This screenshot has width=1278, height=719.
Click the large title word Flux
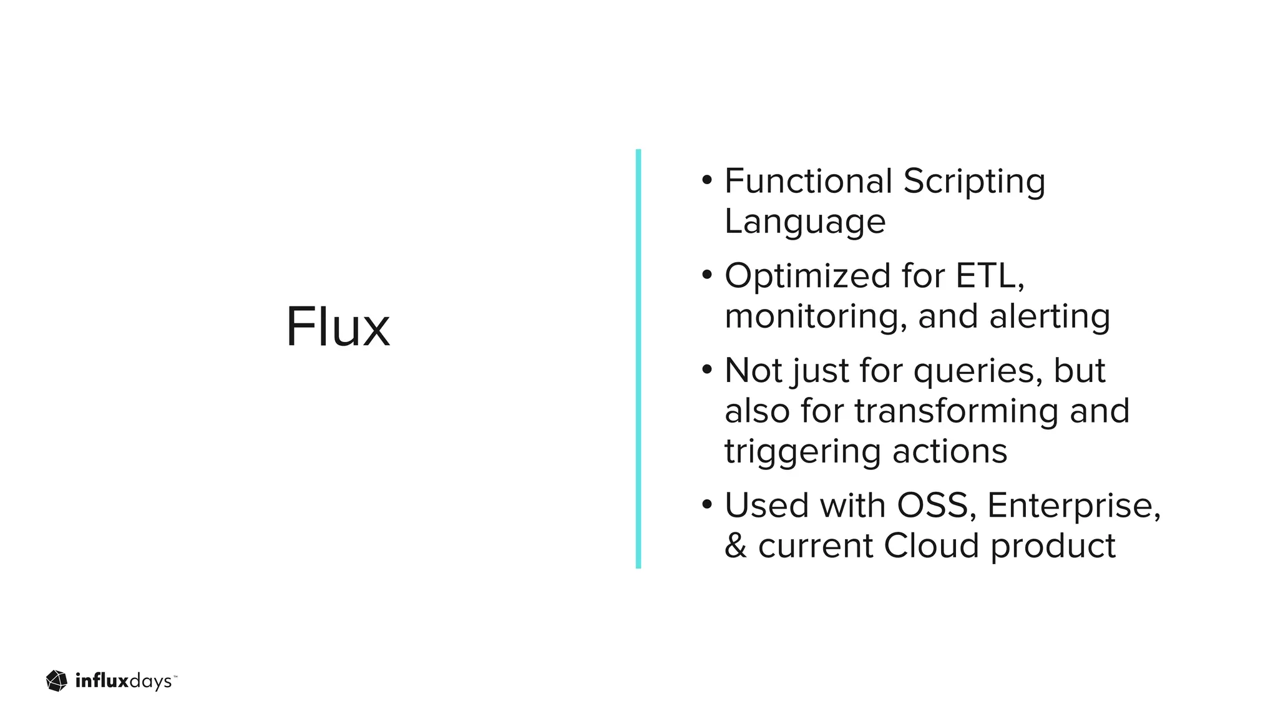click(338, 327)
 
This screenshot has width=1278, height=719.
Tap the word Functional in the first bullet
click(808, 181)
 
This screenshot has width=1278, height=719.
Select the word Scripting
click(973, 182)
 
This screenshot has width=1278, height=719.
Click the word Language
click(805, 222)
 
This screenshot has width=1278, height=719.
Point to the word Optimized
click(807, 276)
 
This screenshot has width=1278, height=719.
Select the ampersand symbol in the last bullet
click(736, 545)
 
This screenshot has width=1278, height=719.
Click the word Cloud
click(930, 545)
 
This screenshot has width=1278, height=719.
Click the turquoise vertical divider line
click(638, 358)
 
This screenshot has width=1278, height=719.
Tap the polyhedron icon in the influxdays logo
click(57, 681)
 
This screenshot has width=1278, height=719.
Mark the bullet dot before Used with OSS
click(706, 504)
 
